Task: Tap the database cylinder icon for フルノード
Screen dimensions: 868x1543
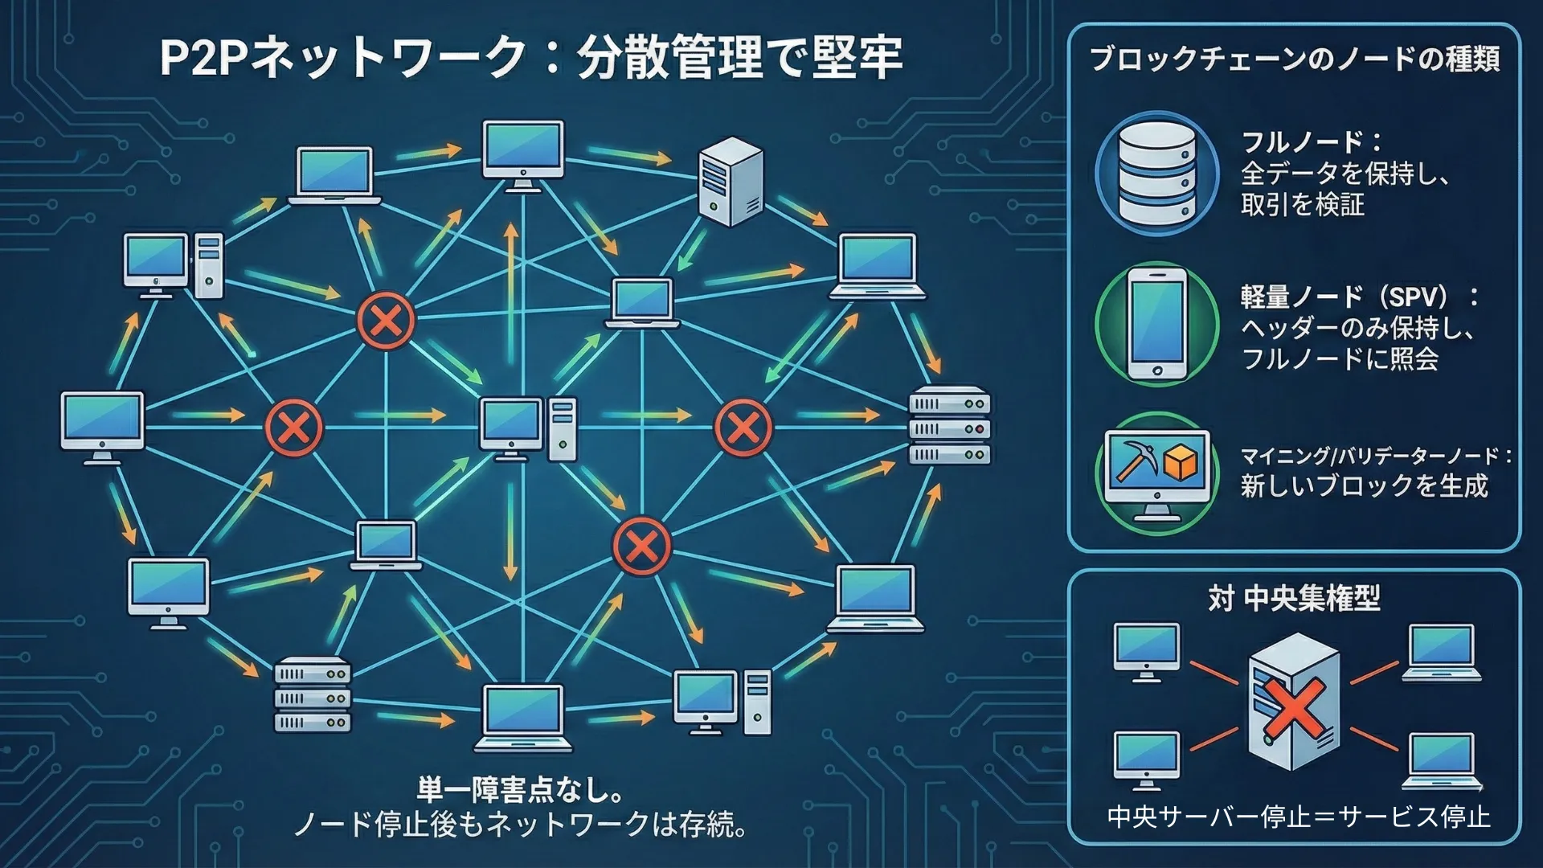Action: pyautogui.click(x=1156, y=173)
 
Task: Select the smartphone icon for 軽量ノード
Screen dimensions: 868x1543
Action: pyautogui.click(x=1156, y=325)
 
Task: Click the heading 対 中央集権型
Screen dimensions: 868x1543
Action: pyautogui.click(x=1294, y=599)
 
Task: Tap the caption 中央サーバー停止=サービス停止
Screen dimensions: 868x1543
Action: pyautogui.click(x=1298, y=817)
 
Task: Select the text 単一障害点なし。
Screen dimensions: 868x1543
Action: pyautogui.click(x=521, y=790)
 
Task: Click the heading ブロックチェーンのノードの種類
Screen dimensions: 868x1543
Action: pyautogui.click(x=1294, y=59)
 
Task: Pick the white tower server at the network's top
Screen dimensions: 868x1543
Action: pyautogui.click(x=730, y=182)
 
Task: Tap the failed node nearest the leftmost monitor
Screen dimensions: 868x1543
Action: pyautogui.click(x=294, y=428)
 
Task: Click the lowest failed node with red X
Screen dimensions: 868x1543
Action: pyautogui.click(x=641, y=547)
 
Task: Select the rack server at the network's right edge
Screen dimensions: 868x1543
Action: pyautogui.click(x=949, y=428)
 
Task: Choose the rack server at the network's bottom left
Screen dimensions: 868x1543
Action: pyautogui.click(x=313, y=696)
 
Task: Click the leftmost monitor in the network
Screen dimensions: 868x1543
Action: pyautogui.click(x=103, y=426)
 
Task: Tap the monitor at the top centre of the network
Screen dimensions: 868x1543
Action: pyautogui.click(x=523, y=155)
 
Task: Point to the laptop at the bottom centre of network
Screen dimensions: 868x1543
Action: pyautogui.click(x=523, y=717)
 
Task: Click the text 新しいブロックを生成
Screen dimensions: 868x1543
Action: pyautogui.click(x=1364, y=486)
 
